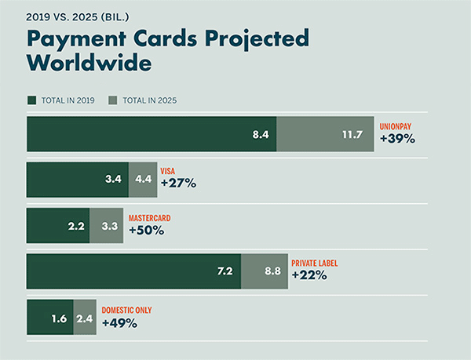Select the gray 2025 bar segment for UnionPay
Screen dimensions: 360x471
pyautogui.click(x=325, y=134)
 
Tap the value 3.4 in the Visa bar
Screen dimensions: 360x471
pyautogui.click(x=112, y=179)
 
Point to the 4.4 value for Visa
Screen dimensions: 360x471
pyautogui.click(x=144, y=179)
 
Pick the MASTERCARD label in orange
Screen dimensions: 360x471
pyautogui.click(x=149, y=217)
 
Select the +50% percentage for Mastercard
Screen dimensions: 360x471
pyautogui.click(x=146, y=231)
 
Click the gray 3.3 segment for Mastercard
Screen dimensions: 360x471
pyautogui.click(x=107, y=225)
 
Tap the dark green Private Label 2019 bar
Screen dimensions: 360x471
pyautogui.click(x=133, y=271)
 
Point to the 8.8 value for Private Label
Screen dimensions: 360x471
pyautogui.click(x=271, y=271)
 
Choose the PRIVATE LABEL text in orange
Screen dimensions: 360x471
pyautogui.click(x=314, y=263)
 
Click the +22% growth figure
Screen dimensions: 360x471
pyautogui.click(x=309, y=276)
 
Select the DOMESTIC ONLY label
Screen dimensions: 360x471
pyautogui.click(x=127, y=310)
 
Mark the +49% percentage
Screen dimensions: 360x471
pyautogui.click(x=119, y=323)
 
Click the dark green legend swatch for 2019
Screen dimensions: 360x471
pyautogui.click(x=31, y=101)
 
